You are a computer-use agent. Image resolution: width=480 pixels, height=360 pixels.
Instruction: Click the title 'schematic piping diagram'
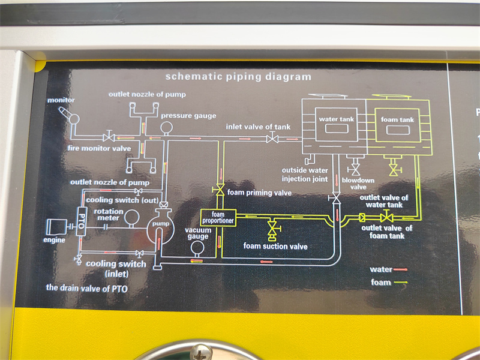click(x=238, y=77)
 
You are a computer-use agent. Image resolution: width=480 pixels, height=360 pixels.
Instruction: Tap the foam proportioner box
click(x=218, y=218)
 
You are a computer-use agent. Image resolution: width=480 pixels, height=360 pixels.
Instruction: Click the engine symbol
click(x=58, y=226)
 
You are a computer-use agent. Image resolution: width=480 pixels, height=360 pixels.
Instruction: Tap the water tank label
click(x=336, y=119)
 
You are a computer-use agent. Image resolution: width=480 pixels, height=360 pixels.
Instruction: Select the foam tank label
click(x=397, y=120)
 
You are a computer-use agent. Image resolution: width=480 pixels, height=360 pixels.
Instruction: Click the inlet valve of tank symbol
click(x=272, y=139)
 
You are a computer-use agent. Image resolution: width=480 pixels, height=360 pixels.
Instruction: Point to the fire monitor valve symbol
click(x=109, y=137)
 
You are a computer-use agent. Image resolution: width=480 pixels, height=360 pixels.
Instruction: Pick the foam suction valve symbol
click(x=272, y=229)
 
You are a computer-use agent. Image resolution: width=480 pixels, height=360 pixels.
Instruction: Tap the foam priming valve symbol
click(x=220, y=191)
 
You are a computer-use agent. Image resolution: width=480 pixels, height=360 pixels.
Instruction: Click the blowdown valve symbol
click(x=355, y=170)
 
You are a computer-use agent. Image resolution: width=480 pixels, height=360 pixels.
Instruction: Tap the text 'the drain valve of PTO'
click(x=86, y=288)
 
